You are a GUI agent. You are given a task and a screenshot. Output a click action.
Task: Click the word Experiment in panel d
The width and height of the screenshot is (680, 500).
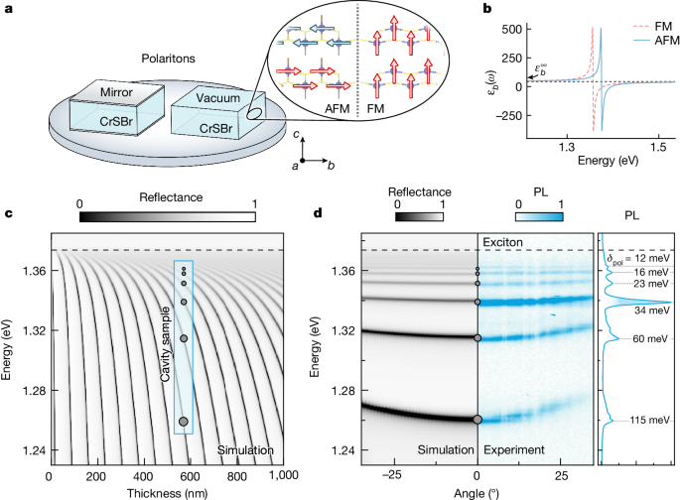click(x=518, y=449)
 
